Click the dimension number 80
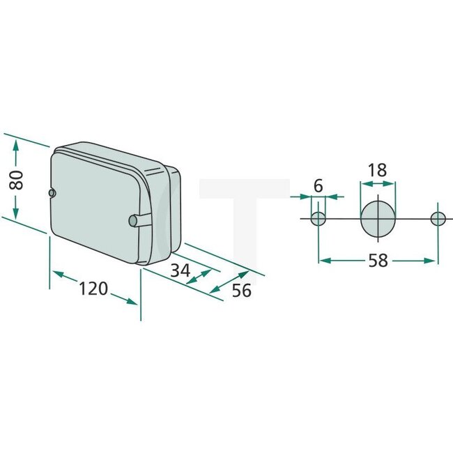tap(19, 179)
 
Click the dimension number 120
tap(93, 289)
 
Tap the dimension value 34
tap(180, 270)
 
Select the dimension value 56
tap(241, 290)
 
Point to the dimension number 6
tap(318, 185)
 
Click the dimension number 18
tap(377, 169)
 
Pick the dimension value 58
tap(378, 261)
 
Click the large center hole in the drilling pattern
tap(378, 219)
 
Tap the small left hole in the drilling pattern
tap(318, 219)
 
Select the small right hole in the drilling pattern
tap(438, 219)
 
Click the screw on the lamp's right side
tap(134, 221)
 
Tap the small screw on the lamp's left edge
tap(52, 192)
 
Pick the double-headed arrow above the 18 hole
tap(377, 183)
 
